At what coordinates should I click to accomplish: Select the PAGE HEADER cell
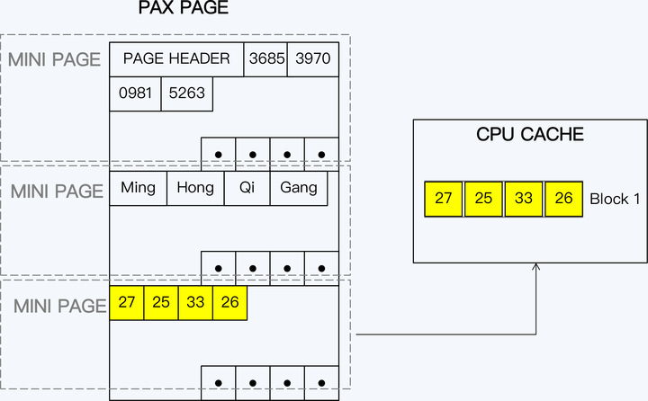pos(176,59)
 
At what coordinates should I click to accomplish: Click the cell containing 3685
pos(265,59)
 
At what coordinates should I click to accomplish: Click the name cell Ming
pos(138,189)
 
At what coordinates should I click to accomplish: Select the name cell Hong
pos(195,189)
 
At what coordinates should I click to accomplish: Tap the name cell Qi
pos(247,189)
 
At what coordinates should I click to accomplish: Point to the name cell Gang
pos(298,189)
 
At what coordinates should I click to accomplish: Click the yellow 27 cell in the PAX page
pos(127,303)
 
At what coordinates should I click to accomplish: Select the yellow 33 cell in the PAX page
pos(195,303)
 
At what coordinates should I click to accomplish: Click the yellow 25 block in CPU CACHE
pos(483,199)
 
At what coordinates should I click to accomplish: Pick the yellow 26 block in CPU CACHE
pos(563,199)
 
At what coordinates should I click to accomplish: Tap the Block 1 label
pos(615,199)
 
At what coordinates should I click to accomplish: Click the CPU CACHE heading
pos(530,136)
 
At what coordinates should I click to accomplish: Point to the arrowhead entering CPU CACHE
pos(536,268)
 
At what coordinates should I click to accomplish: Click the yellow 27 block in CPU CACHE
pos(443,199)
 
